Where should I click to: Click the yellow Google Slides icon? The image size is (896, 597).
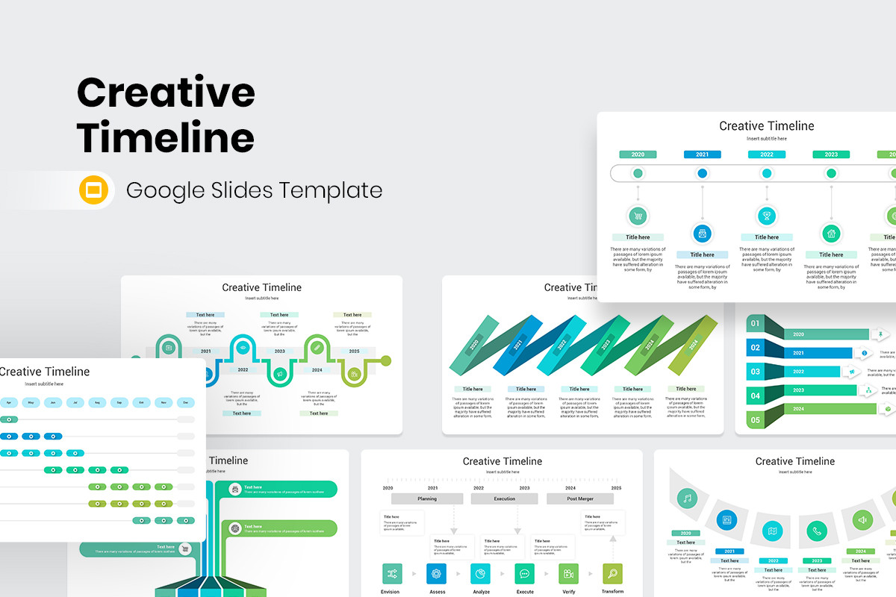coord(95,190)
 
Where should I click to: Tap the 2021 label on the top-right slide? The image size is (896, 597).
coord(702,154)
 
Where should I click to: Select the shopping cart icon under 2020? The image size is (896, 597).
coord(638,216)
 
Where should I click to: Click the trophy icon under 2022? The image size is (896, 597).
coord(766,216)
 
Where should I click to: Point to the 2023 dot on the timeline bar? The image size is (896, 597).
coord(831,173)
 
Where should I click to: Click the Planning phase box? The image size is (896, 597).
coord(427,498)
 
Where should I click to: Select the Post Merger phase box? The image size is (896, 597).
coord(580,498)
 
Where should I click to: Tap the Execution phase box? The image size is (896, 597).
coord(504,498)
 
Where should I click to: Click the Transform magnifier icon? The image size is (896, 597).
coord(612,573)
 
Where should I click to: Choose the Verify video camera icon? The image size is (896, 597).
coord(568,573)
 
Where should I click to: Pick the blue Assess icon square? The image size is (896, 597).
coord(437,573)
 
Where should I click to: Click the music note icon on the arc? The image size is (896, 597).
coord(687,498)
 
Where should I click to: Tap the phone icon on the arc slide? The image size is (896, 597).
coord(817,531)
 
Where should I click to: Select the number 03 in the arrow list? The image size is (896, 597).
coord(755,372)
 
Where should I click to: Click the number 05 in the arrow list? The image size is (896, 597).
coord(755,420)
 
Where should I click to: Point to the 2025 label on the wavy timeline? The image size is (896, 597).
coord(354,351)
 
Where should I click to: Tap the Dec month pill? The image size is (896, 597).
coord(185,403)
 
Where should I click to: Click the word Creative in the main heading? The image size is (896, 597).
coord(166,93)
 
